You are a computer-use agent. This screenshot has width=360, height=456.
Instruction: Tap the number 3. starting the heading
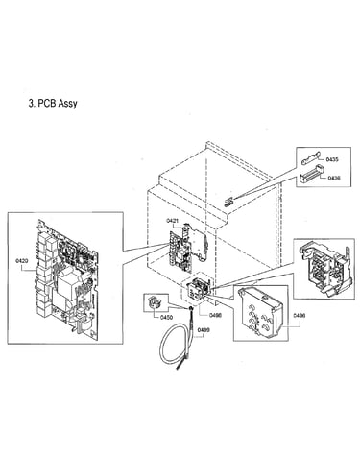[32, 104]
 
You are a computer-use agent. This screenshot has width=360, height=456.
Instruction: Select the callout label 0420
[22, 261]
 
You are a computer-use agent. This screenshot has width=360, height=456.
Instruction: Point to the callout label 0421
[173, 221]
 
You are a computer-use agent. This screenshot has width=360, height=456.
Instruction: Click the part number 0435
[332, 159]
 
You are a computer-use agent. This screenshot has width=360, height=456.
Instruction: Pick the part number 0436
[334, 178]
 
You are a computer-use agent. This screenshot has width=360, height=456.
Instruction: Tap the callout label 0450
[166, 317]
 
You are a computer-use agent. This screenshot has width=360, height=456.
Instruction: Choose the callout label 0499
[204, 330]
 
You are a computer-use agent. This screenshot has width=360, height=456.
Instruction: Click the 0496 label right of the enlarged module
[300, 315]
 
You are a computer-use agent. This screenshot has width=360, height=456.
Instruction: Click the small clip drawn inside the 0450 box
[154, 302]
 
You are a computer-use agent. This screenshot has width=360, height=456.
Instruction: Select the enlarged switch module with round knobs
[261, 313]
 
